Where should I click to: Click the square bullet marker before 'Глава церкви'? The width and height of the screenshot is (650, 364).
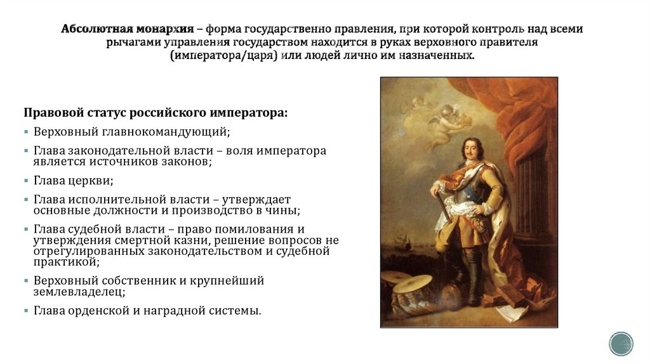[27, 181]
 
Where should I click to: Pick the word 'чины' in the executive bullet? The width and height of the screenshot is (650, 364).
[284, 210]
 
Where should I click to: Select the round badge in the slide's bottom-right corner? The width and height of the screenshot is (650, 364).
[621, 343]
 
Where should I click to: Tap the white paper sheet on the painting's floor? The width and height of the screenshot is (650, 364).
[508, 313]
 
